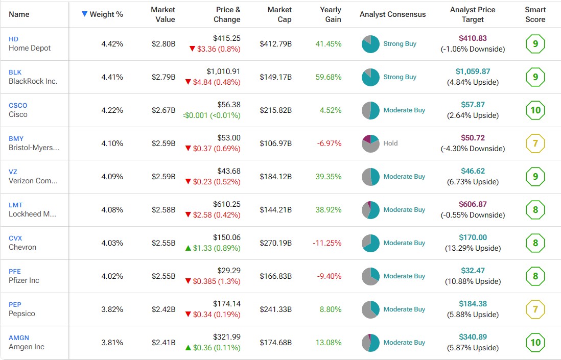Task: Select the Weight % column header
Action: pos(106,14)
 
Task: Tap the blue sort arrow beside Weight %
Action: pos(85,14)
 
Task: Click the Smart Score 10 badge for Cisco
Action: pos(535,110)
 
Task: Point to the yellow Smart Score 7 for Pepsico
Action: pos(535,309)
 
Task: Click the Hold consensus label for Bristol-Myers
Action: pos(390,143)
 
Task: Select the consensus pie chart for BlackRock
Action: pos(370,77)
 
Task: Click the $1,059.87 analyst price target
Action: pos(473,71)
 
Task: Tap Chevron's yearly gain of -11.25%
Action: pos(327,243)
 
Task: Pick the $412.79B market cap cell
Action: pos(275,44)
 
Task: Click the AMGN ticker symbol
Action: pos(19,338)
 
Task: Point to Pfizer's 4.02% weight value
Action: pos(112,276)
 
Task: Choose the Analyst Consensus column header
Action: pos(392,14)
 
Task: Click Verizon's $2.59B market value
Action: pos(163,177)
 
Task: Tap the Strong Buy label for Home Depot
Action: pos(400,44)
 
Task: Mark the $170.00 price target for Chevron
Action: pos(473,237)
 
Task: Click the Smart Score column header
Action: pos(535,14)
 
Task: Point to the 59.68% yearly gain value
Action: pos(328,77)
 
